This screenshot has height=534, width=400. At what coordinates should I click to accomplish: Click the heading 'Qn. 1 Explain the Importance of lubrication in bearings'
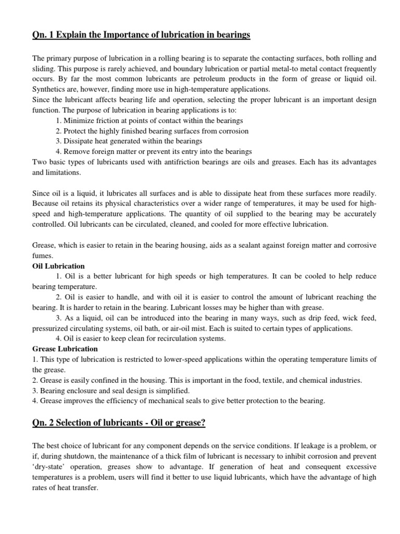pos(141,35)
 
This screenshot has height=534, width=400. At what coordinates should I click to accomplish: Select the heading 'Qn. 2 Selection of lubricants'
pos(119,423)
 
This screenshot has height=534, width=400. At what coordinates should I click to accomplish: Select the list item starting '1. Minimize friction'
pos(142,121)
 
